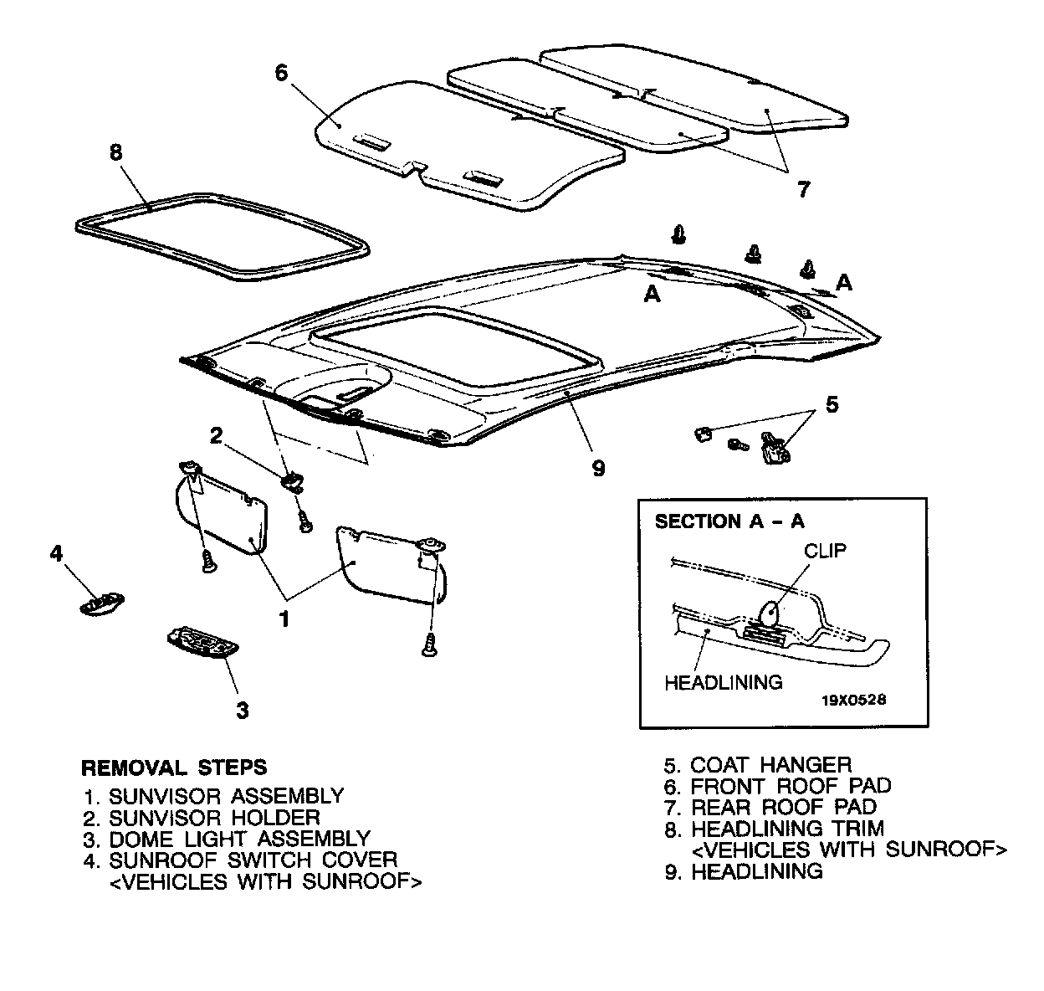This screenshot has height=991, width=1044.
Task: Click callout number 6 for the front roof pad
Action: (x=281, y=73)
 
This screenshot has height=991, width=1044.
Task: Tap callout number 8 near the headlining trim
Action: (x=116, y=152)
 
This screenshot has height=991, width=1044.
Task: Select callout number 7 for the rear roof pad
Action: (x=803, y=189)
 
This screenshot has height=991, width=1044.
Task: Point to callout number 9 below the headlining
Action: (x=598, y=468)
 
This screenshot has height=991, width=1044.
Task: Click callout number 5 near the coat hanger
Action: (x=831, y=405)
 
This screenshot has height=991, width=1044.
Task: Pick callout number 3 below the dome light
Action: (x=242, y=710)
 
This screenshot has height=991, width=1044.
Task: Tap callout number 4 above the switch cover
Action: (x=56, y=553)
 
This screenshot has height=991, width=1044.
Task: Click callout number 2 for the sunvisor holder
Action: (x=216, y=435)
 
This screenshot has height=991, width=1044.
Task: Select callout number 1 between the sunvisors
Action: (x=284, y=619)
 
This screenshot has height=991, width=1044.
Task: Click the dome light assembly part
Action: (x=202, y=643)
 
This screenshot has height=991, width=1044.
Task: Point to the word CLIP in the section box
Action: (x=825, y=551)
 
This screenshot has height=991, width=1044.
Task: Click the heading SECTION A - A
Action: (x=729, y=521)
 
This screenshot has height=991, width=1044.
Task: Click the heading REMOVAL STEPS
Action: (x=174, y=767)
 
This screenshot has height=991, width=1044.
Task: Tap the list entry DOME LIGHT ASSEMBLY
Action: (x=239, y=839)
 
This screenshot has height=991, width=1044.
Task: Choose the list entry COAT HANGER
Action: (x=770, y=764)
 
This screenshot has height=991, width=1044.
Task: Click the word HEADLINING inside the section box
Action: (x=723, y=682)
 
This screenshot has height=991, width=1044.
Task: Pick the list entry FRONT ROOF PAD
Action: (x=791, y=786)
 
